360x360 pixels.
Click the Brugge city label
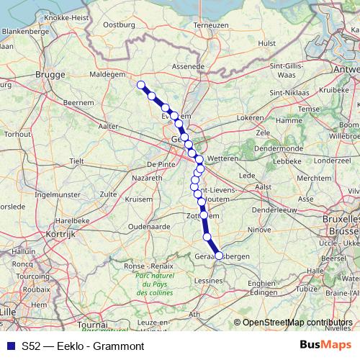pyautogui.click(x=50, y=73)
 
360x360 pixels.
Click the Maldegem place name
pyautogui.click(x=109, y=73)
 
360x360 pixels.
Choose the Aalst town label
pyautogui.click(x=263, y=186)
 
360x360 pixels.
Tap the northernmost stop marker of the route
pyautogui.click(x=141, y=85)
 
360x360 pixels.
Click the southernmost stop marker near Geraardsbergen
pyautogui.click(x=219, y=255)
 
